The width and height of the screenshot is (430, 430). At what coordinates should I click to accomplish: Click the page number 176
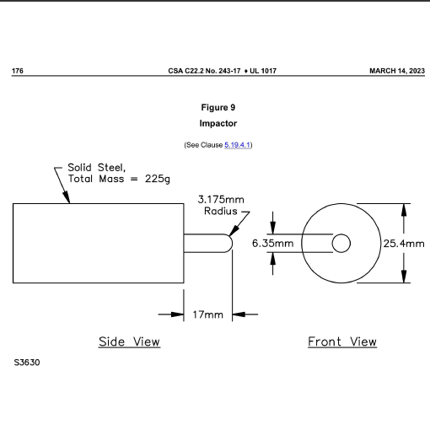[17, 70]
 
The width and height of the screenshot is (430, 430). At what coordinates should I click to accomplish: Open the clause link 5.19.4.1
[238, 145]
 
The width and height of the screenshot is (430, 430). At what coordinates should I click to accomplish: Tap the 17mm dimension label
[208, 314]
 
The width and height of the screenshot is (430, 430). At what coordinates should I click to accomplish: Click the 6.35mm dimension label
[273, 243]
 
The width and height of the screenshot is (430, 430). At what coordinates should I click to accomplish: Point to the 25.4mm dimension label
[404, 243]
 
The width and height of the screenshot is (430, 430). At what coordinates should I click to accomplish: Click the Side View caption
[129, 341]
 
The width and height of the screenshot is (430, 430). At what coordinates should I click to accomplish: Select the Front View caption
[341, 341]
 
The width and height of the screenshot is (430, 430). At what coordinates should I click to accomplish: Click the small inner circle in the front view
[341, 243]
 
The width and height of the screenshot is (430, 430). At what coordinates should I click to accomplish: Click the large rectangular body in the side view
[98, 243]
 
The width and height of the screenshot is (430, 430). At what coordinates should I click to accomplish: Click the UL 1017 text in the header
[262, 70]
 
